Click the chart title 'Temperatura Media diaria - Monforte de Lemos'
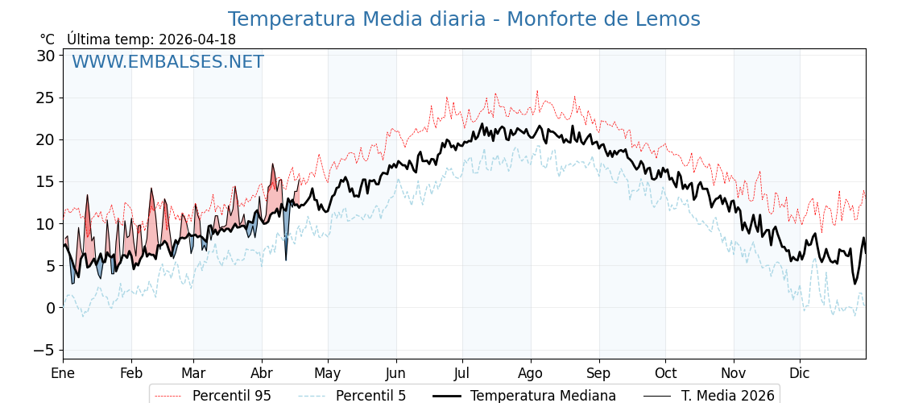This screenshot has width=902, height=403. (x=464, y=19)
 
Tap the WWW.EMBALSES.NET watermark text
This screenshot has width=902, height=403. (x=168, y=62)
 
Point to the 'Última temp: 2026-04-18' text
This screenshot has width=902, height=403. (x=151, y=39)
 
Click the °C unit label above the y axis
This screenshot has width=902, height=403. (x=48, y=39)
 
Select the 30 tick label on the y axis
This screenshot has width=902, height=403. (x=46, y=56)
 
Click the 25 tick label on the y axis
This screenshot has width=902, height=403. (x=46, y=98)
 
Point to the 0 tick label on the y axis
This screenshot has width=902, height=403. (x=51, y=308)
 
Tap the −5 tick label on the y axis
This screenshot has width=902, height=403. (x=44, y=350)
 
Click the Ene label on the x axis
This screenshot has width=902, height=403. (x=63, y=373)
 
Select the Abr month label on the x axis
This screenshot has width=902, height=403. (x=262, y=373)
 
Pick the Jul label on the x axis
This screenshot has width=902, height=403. (x=462, y=373)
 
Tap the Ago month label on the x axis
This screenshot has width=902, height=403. (x=530, y=373)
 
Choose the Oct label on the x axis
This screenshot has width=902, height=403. (x=665, y=373)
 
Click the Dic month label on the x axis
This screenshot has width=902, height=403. (x=800, y=373)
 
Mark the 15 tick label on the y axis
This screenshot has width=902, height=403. (x=46, y=181)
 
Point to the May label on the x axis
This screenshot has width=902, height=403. (x=328, y=373)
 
